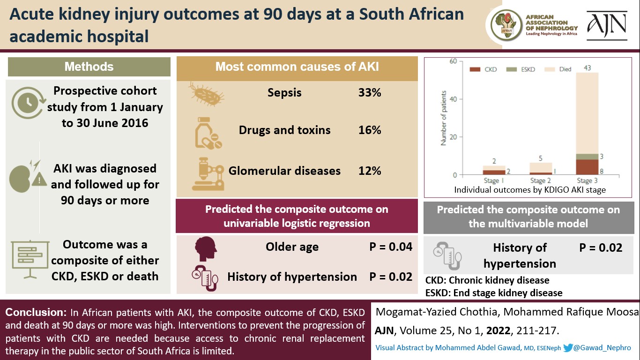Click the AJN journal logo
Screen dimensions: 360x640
click(x=607, y=26)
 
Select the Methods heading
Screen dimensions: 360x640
click(x=89, y=67)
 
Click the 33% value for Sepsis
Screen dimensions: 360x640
click(x=370, y=92)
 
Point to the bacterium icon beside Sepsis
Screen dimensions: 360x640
click(x=206, y=94)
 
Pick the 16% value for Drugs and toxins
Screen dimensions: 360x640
click(x=370, y=130)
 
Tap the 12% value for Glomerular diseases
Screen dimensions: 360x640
click(x=370, y=171)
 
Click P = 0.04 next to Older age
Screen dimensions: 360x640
click(x=391, y=247)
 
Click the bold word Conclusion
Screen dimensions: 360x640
click(x=36, y=313)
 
